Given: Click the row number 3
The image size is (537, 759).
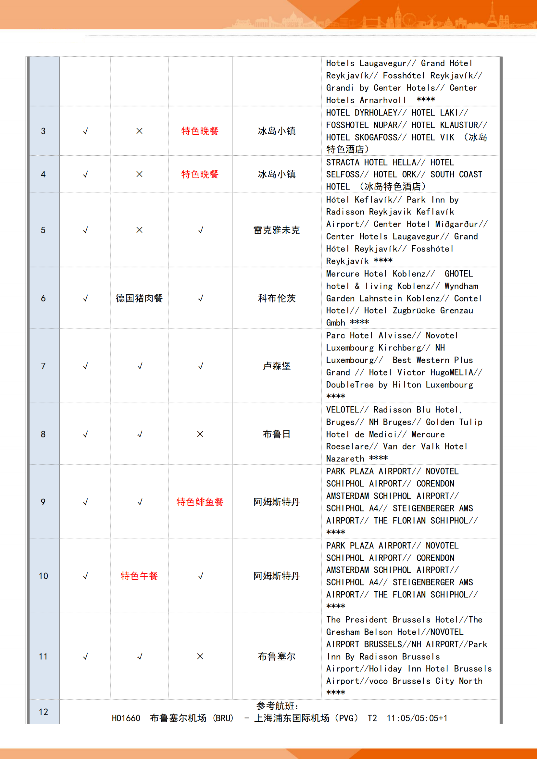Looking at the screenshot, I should (43, 131).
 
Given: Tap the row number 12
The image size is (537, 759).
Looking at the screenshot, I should (43, 712).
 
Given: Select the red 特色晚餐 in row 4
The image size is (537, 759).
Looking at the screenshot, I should (200, 174).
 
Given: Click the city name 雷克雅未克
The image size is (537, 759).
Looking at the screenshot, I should (276, 230).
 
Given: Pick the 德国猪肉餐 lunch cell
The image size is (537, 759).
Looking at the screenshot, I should (139, 298).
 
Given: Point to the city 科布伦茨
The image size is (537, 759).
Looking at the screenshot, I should (276, 298).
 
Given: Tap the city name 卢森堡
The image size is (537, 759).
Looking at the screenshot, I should (276, 366).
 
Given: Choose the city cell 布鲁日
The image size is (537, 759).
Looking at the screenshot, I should (276, 434).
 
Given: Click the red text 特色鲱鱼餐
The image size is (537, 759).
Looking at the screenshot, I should (200, 502).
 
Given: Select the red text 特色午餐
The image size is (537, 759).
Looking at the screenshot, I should (139, 576).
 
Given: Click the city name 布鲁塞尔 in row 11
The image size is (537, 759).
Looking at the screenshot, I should (276, 656).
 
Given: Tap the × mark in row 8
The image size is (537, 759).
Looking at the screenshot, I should (200, 434).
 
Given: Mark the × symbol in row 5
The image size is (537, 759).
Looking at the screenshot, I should (140, 230).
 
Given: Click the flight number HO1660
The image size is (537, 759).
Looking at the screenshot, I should (126, 718).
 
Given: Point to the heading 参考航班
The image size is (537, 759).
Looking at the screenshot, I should (277, 706).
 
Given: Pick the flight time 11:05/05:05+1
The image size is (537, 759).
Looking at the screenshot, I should (417, 718).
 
